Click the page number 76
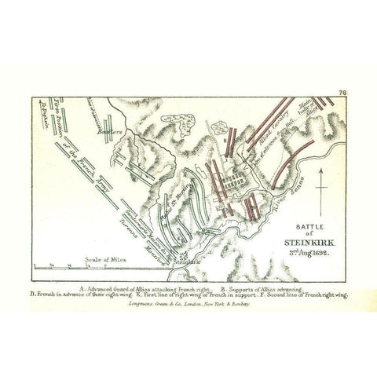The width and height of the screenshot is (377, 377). coord(342,93)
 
